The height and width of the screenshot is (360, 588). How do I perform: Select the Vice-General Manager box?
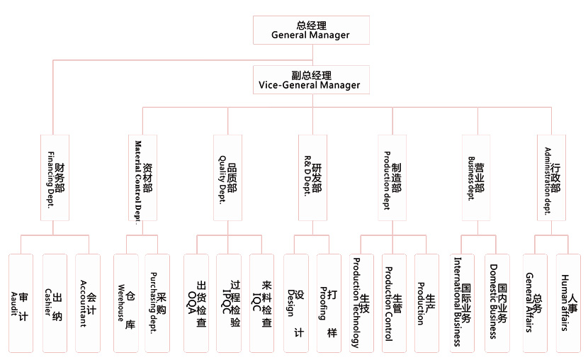click(310, 79)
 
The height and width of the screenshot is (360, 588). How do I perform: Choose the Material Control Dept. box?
click(142, 177)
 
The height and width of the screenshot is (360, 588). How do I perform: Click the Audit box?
click(21, 303)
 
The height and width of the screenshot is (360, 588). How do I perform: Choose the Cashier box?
click(54, 303)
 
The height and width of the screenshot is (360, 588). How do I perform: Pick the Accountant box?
click(87, 303)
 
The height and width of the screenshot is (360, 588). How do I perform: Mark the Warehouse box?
click(125, 303)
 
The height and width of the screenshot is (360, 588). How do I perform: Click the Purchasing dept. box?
click(157, 303)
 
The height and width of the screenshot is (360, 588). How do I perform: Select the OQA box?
click(196, 303)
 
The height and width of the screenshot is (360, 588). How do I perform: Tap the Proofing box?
click(328, 303)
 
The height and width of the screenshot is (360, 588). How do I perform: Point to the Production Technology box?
click(361, 303)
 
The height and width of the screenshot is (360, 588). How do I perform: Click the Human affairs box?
click(569, 303)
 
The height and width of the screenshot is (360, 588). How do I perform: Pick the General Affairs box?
click(535, 303)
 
